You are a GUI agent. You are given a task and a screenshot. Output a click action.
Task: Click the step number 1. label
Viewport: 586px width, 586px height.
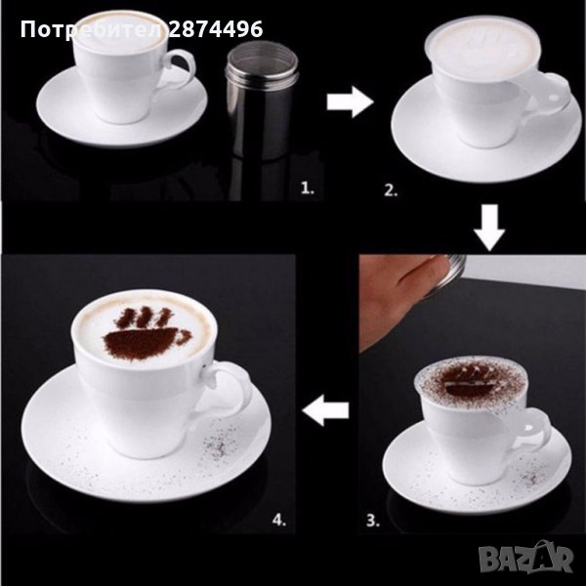(308, 188)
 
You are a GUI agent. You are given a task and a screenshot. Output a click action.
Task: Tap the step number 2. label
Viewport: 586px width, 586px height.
(391, 190)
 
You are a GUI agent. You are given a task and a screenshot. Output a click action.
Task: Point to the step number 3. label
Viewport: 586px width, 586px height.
(373, 520)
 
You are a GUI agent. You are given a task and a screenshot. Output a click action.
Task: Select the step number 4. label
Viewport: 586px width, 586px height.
(279, 520)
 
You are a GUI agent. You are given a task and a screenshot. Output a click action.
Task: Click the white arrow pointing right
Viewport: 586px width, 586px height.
(351, 102)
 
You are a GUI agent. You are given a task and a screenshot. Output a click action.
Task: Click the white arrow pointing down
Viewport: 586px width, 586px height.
(489, 228)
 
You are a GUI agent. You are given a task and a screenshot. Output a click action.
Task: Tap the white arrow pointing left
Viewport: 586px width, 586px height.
(325, 410)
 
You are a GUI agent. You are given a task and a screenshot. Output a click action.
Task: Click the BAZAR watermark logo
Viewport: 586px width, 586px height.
(525, 559)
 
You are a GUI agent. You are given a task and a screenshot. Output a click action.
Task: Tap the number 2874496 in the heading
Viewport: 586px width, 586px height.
(216, 29)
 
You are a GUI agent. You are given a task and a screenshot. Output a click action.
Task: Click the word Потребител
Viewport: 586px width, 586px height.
(92, 30)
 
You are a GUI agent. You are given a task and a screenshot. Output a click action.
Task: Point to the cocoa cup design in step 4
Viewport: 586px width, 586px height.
(146, 334)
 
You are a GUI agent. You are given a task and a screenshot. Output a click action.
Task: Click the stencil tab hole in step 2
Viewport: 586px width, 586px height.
(553, 97)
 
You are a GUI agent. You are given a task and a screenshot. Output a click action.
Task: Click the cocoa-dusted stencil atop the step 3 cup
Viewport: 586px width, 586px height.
(472, 382)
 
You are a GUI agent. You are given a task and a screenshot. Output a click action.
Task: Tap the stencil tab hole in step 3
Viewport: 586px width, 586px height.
(530, 427)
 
